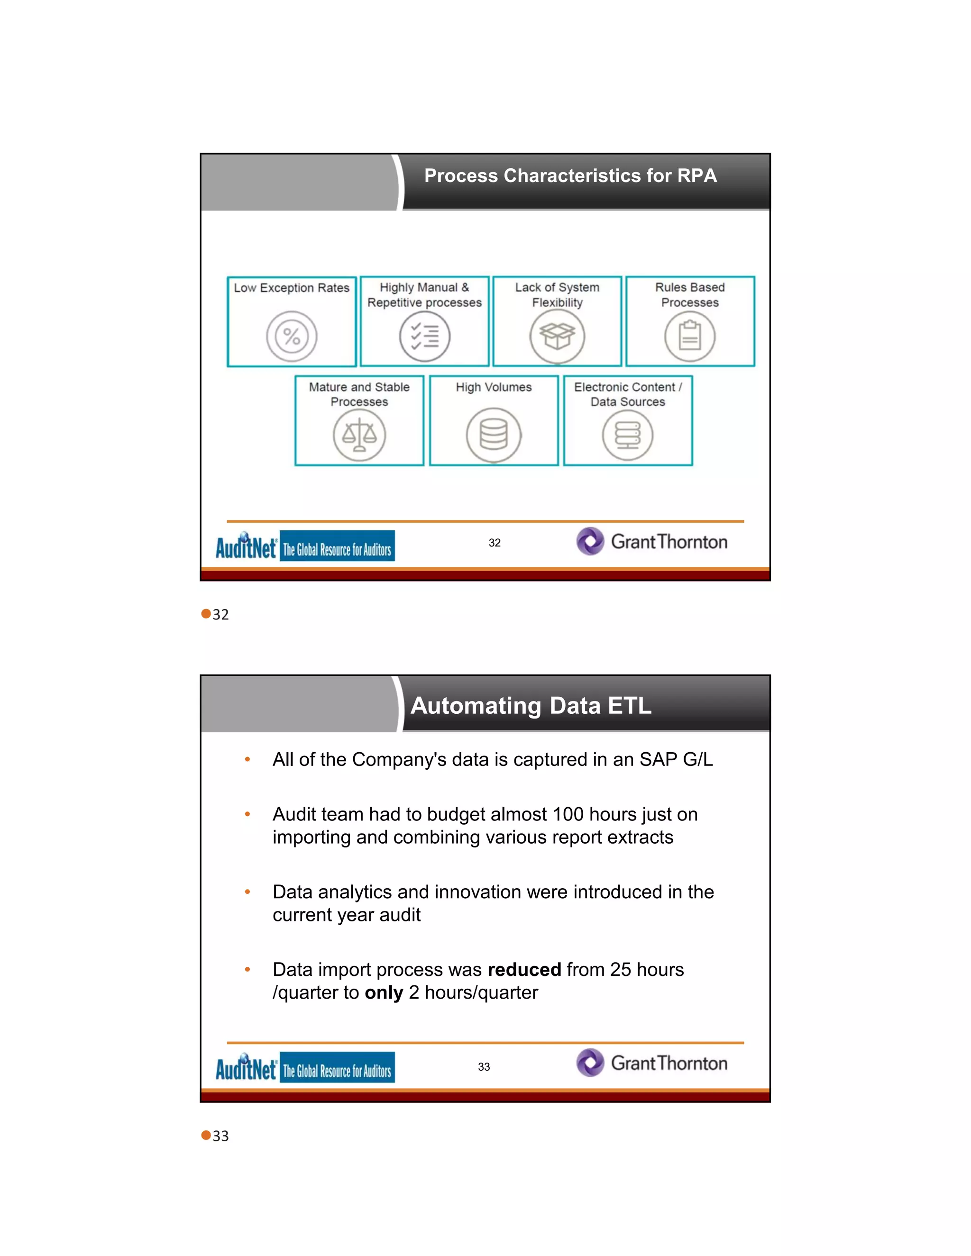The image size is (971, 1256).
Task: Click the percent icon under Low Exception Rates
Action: [x=292, y=337]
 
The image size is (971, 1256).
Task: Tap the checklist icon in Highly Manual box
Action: [x=424, y=337]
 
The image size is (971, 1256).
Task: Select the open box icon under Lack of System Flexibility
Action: [x=557, y=337]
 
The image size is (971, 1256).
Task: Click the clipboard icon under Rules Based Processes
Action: [x=690, y=337]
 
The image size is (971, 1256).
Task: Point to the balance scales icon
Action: [x=359, y=436]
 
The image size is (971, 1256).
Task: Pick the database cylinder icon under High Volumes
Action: [x=494, y=436]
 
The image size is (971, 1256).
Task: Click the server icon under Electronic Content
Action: [x=628, y=436]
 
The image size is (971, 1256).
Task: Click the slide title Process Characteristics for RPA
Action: [x=570, y=175]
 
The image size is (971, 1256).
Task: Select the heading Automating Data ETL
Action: [x=531, y=706]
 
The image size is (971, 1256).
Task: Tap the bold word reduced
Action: [x=524, y=970]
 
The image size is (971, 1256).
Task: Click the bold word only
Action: [x=384, y=993]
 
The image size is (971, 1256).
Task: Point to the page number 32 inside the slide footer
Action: [x=495, y=543]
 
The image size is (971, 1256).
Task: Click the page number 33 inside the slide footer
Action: [x=484, y=1067]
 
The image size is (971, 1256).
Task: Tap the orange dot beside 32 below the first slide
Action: [x=206, y=614]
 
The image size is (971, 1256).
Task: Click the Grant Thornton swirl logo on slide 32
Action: [x=590, y=541]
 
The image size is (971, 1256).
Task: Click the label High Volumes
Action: [x=494, y=387]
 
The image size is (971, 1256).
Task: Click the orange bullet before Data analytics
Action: [x=247, y=892]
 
